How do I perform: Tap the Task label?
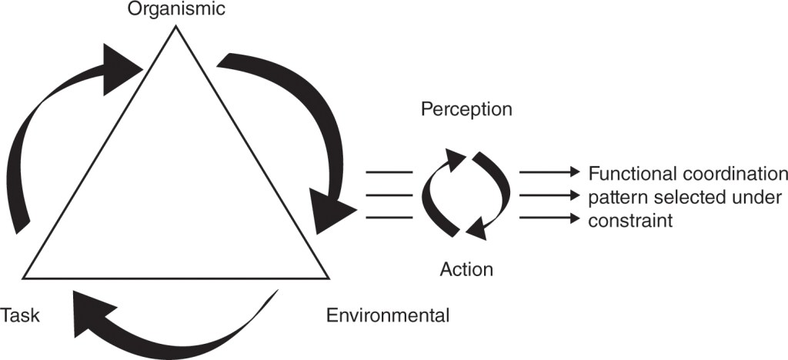[20, 315]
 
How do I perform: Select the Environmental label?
[387, 315]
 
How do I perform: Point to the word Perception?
[466, 110]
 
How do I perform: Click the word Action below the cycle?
[466, 269]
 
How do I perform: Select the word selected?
[681, 196]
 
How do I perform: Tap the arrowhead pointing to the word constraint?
[573, 219]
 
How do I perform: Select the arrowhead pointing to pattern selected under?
[573, 195]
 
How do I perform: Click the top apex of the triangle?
[176, 27]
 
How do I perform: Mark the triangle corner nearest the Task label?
[25, 277]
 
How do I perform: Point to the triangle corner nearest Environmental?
[329, 277]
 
